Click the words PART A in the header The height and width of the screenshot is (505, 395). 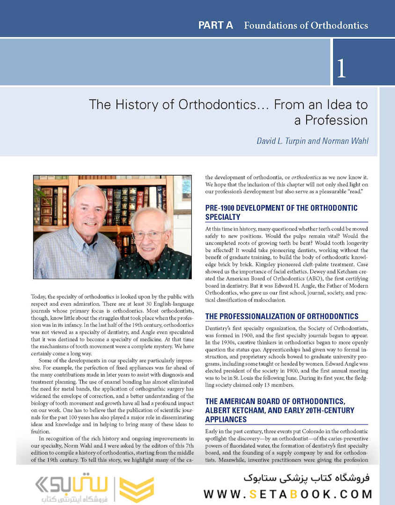click(215, 25)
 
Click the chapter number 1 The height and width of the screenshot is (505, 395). click(341, 68)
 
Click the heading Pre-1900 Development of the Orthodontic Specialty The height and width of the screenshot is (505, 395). click(281, 212)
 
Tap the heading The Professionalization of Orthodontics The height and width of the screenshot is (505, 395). click(282, 316)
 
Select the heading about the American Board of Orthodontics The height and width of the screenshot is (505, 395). click(280, 410)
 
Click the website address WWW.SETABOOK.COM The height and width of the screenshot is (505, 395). click(288, 494)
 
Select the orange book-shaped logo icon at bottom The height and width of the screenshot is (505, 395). click(136, 489)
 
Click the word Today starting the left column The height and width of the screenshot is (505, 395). click(39, 296)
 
